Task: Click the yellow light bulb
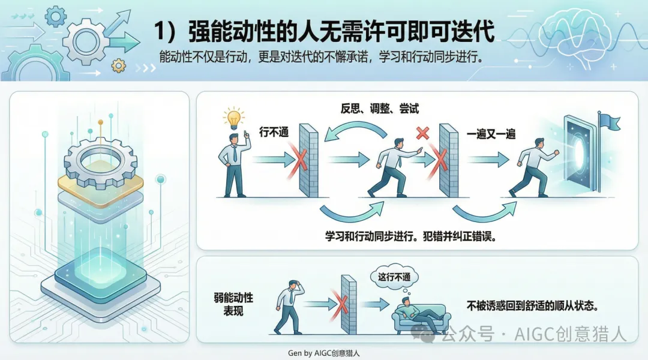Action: click(x=233, y=118)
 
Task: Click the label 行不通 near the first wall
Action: click(x=274, y=132)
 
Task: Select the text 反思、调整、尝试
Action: click(x=379, y=109)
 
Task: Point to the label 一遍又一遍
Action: click(x=491, y=134)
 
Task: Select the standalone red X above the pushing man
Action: click(x=422, y=133)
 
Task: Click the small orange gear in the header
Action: click(x=119, y=65)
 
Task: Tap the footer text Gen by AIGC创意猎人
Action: click(x=323, y=353)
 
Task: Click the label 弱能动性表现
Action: click(x=233, y=304)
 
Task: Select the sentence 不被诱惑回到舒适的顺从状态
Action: click(x=532, y=306)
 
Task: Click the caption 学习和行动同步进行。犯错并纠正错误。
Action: click(x=410, y=236)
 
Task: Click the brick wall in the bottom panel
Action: click(x=349, y=305)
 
